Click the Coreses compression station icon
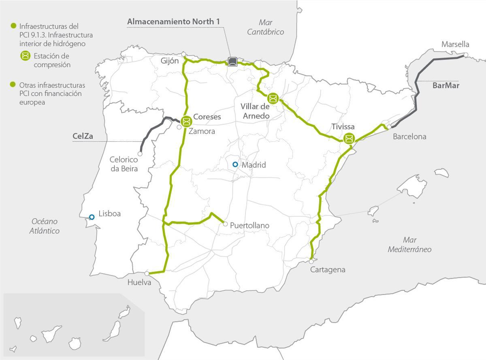pos(186,121)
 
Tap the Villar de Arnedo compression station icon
pos(273,98)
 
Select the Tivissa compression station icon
pos(348,139)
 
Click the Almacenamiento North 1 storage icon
pos(232,61)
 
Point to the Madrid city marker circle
pos(235,164)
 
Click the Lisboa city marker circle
pos(92,217)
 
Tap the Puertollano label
pos(249,226)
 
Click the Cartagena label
pos(328,270)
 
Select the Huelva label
pos(139,282)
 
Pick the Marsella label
pos(455,44)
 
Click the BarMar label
pos(446,85)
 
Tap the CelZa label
pos(83,136)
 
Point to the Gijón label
pos(169,61)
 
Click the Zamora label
pos(202,131)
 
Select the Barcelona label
pos(409,136)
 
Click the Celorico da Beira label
pos(124,164)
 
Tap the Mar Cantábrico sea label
pos(265,27)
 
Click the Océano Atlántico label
pos(45,226)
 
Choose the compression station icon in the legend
pos(26,56)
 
